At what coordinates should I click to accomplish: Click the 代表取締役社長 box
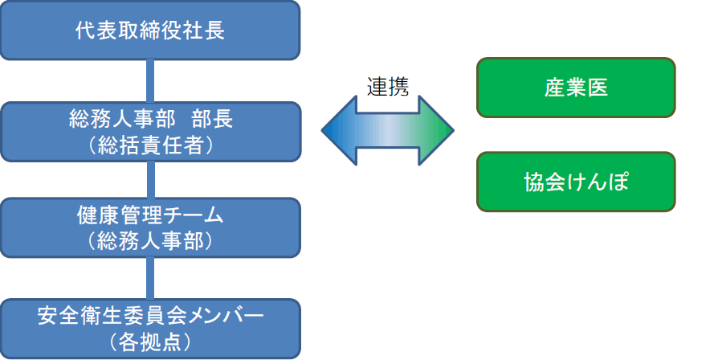(x=150, y=31)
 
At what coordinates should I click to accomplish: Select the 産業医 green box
(x=576, y=88)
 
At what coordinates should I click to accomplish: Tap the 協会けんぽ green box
(x=576, y=182)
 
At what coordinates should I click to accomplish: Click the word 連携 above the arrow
(x=388, y=86)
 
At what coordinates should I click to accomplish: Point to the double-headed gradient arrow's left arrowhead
(x=339, y=130)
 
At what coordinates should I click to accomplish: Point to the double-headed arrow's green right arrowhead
(x=436, y=130)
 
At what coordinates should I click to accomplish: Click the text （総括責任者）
(x=151, y=145)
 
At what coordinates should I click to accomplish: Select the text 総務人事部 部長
(x=151, y=119)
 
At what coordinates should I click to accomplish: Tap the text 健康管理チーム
(x=151, y=215)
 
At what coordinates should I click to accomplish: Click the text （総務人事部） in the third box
(x=151, y=241)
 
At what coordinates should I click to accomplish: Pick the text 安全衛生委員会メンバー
(x=151, y=316)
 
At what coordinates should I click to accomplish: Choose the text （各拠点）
(x=151, y=342)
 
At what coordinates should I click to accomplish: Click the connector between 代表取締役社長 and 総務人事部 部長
(x=150, y=81)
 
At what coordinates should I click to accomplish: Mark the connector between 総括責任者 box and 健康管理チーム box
(x=150, y=180)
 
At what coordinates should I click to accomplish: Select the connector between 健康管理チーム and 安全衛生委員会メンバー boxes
(x=150, y=279)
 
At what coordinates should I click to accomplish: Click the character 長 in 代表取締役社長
(x=214, y=31)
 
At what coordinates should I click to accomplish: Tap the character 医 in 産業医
(x=598, y=88)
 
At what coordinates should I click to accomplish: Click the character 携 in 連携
(x=398, y=86)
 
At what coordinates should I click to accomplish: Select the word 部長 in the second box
(x=213, y=119)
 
